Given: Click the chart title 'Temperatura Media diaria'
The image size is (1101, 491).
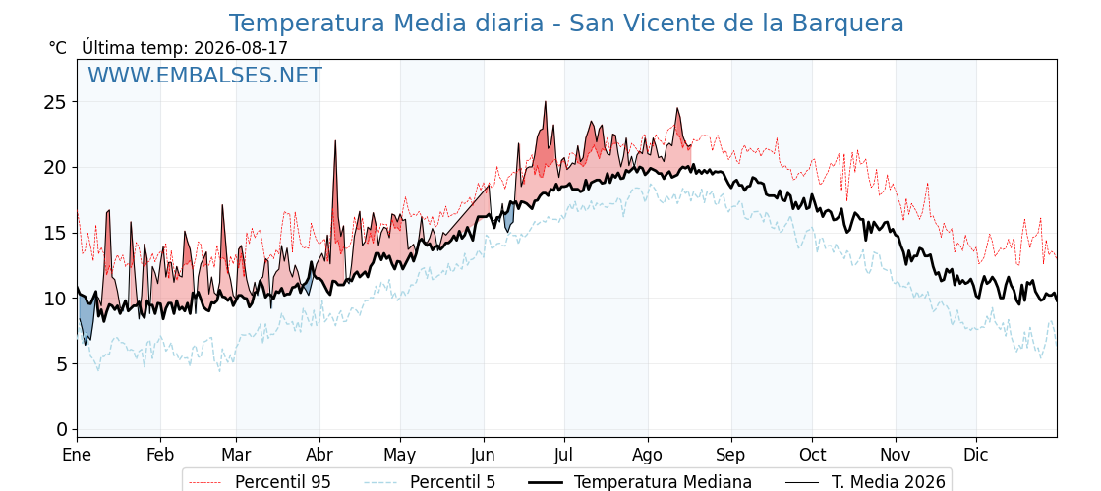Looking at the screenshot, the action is [386, 24].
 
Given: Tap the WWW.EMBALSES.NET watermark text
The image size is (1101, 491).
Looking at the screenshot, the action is [205, 75].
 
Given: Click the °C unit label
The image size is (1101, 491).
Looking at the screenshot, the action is [58, 48].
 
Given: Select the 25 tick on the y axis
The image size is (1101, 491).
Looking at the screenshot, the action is [57, 102].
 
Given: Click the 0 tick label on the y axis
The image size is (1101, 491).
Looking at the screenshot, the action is [63, 429].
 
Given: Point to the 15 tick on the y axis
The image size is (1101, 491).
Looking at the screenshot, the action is [57, 233].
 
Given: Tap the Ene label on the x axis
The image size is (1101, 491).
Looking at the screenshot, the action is [77, 455].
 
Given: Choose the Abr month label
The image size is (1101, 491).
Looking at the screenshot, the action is [320, 455].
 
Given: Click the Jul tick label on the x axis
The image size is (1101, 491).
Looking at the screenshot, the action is [564, 455].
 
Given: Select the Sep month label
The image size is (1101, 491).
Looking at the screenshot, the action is [731, 455].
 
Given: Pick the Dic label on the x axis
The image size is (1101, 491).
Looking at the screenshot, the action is [976, 455].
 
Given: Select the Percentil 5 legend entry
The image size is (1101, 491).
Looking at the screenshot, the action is [431, 482].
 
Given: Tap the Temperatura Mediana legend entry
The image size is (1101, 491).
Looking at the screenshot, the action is [640, 482].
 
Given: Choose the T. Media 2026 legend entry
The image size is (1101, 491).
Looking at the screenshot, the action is [866, 482].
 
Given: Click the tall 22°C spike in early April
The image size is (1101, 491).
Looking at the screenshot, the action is [335, 141].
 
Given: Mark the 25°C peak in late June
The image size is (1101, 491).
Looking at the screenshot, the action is [545, 102].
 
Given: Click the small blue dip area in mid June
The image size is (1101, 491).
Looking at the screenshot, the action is [509, 219].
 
